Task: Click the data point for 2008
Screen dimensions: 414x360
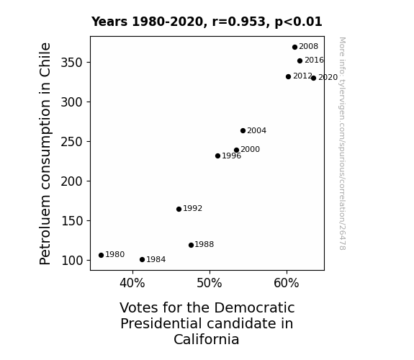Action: pyautogui.click(x=294, y=48)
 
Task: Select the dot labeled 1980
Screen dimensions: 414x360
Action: pyautogui.click(x=101, y=255)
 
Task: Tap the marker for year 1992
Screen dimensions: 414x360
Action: pyautogui.click(x=179, y=210)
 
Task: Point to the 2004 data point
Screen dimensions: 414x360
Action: pyautogui.click(x=243, y=131)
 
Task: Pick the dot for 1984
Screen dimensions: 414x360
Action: pyautogui.click(x=142, y=260)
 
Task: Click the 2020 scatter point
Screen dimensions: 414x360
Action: pyautogui.click(x=313, y=78)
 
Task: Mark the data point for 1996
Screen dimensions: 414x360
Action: pyautogui.click(x=217, y=156)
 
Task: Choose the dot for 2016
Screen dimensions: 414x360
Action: pyautogui.click(x=300, y=61)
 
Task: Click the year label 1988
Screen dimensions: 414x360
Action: pyautogui.click(x=204, y=245)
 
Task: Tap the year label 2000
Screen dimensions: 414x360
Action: pyautogui.click(x=250, y=150)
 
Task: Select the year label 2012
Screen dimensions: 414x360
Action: pyautogui.click(x=302, y=76)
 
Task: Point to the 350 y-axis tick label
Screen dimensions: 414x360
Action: pyautogui.click(x=72, y=63)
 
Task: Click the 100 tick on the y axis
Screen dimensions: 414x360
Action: pyautogui.click(x=72, y=261)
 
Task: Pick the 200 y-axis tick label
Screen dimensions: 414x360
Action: pyautogui.click(x=72, y=181)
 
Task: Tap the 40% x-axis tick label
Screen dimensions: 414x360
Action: pyautogui.click(x=132, y=284)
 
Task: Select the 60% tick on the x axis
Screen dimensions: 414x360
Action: pyautogui.click(x=287, y=284)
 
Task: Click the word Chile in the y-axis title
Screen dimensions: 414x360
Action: pyautogui.click(x=45, y=60)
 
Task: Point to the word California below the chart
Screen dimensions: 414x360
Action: pyautogui.click(x=207, y=339)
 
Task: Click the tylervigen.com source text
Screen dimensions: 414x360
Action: pyautogui.click(x=342, y=102)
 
